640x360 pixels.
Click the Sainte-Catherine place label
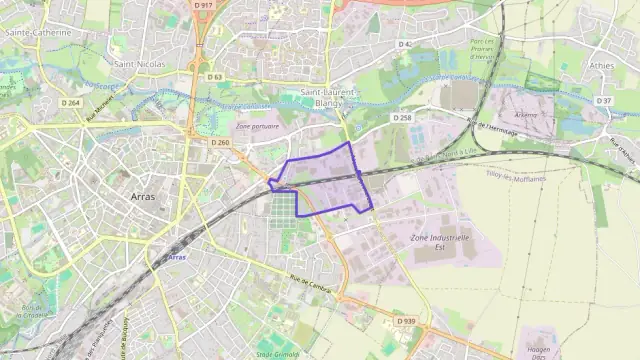[x=39, y=32]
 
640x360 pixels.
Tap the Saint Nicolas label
[x=139, y=63]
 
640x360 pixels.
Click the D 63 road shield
[x=216, y=76]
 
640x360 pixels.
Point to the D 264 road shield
[x=70, y=103]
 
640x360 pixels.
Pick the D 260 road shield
[x=220, y=143]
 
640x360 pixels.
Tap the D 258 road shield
[x=402, y=118]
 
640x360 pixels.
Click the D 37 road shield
[x=603, y=101]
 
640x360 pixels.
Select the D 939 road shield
[x=404, y=321]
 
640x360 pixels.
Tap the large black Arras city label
[x=143, y=197]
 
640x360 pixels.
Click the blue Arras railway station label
[x=177, y=257]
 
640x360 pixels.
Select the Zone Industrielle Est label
[x=440, y=243]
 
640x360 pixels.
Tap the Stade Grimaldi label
[x=277, y=353]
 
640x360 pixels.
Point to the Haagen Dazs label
[x=539, y=353]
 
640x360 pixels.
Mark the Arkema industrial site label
[x=525, y=115]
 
